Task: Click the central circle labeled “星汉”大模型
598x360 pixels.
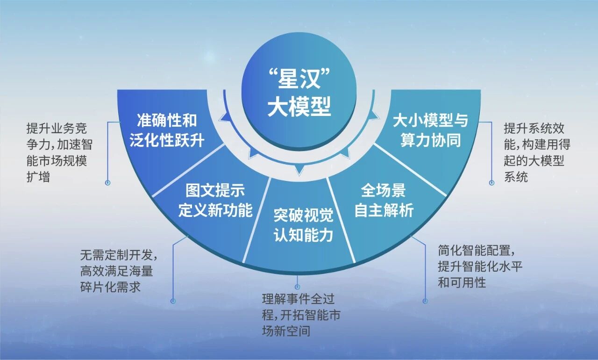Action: (299, 94)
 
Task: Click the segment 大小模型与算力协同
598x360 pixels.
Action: (430, 131)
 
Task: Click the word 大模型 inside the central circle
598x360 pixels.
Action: (299, 108)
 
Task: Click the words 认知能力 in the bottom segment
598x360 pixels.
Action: (303, 234)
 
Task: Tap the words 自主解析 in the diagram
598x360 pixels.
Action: (384, 211)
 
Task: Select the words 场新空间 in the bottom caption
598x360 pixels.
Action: (286, 331)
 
